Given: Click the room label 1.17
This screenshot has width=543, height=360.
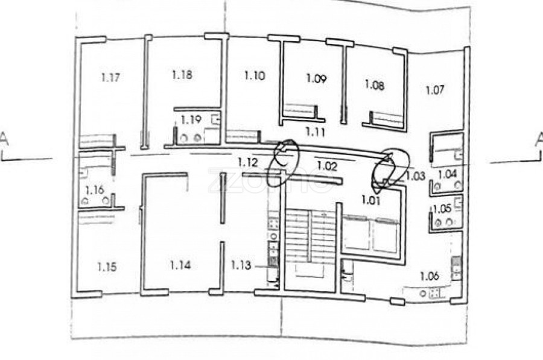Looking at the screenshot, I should (x=110, y=77).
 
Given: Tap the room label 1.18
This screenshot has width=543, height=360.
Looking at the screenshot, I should (x=182, y=75).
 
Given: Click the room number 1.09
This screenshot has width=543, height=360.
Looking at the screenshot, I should (x=316, y=78).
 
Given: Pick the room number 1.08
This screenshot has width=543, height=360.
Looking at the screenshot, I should (x=374, y=85).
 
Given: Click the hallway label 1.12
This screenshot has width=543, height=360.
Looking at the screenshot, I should (x=247, y=162).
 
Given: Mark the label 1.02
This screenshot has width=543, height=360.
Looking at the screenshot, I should (x=327, y=164).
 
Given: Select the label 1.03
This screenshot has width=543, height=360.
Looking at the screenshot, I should (x=414, y=176).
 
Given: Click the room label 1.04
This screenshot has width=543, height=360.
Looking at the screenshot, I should (x=447, y=174).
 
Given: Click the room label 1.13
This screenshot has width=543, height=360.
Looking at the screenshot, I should (x=241, y=264).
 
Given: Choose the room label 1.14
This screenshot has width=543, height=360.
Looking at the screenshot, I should (x=180, y=264).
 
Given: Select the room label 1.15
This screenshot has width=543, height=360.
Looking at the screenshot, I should (x=106, y=265).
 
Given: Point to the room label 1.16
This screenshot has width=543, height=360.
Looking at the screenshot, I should (x=97, y=190).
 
